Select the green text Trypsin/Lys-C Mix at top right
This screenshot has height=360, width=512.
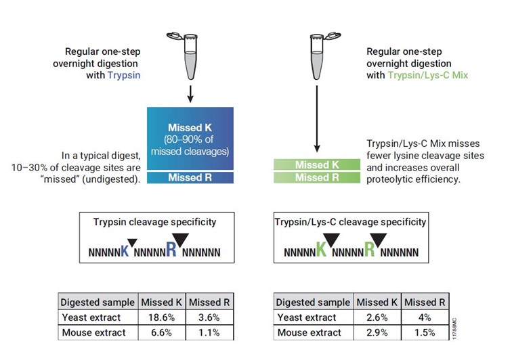coord(428,76)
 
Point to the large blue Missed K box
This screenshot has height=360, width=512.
coord(190,135)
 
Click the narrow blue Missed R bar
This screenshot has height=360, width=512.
coord(190,178)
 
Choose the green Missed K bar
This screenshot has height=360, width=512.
coord(317,164)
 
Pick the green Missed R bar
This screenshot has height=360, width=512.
coord(317,177)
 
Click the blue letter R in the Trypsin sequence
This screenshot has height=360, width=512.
coord(171,251)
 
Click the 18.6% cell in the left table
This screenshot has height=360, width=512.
coord(162,318)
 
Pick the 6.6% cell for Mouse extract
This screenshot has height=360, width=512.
coord(162,333)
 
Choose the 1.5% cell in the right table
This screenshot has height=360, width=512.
coord(423,333)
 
